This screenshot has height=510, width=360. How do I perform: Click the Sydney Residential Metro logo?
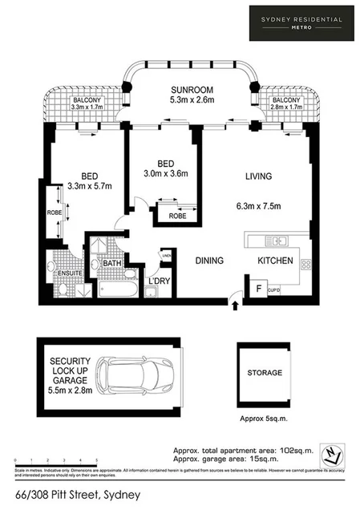pyautogui.click(x=301, y=22)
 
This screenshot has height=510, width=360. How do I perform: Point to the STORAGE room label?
pyautogui.click(x=264, y=373)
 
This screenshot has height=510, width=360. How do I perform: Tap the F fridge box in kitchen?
pyautogui.click(x=257, y=287)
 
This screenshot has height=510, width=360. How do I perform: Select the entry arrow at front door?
pyautogui.click(x=234, y=303)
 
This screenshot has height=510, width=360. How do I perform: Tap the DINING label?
pyautogui.click(x=210, y=261)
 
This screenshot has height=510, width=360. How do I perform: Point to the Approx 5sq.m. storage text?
pyautogui.click(x=263, y=418)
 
